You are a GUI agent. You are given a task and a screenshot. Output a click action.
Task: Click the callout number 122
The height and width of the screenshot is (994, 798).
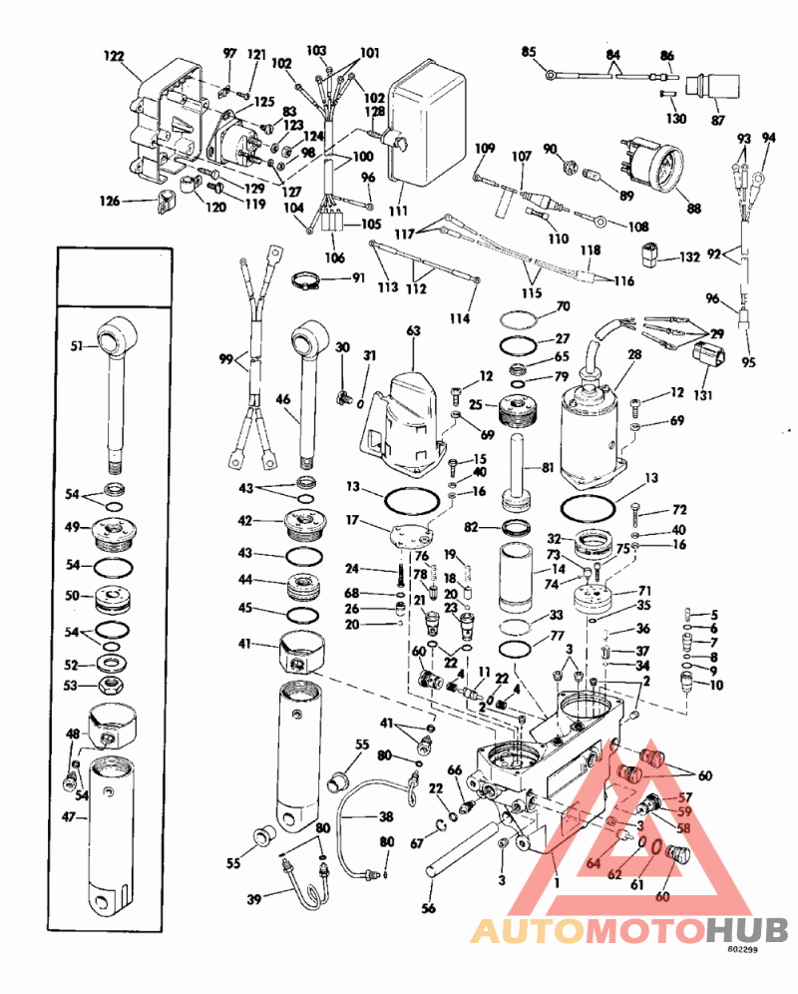point(114,57)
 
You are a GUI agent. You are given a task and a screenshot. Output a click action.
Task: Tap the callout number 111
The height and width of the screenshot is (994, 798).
point(399,211)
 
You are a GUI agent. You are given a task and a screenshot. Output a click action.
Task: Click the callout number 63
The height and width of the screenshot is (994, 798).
point(414,331)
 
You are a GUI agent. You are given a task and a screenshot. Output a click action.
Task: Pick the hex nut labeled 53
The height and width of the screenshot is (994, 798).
point(111,686)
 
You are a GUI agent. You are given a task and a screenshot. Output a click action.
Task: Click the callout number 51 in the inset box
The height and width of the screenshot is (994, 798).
point(77,346)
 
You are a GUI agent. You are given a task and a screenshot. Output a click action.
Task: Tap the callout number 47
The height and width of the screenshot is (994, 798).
point(69,817)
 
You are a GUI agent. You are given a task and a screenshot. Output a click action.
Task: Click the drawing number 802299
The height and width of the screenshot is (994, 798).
point(742,949)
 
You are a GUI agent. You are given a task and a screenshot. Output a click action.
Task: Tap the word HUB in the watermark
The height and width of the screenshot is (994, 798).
point(747,929)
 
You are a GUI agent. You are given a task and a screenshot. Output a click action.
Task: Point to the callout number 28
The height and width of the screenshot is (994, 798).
point(634,354)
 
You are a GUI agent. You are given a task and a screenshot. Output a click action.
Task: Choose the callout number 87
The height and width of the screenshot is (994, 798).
point(717,120)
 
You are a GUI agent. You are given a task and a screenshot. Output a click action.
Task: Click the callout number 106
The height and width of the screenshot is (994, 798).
point(335,257)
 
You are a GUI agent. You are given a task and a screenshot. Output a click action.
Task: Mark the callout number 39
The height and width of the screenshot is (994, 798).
point(254,899)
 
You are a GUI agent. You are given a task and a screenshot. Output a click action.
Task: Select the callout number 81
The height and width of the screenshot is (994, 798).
point(546,467)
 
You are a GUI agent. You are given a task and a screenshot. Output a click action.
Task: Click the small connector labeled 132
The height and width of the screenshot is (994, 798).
point(649,254)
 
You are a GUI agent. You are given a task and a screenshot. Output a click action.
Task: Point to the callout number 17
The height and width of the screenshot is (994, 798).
point(352,520)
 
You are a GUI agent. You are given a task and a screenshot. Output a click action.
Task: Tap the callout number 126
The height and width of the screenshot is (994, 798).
point(110,201)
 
